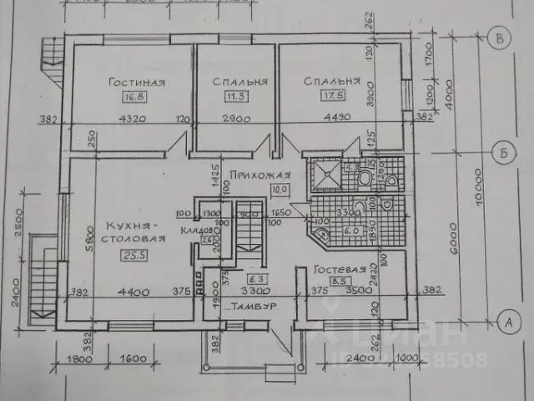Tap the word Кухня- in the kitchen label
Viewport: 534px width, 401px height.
132,226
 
